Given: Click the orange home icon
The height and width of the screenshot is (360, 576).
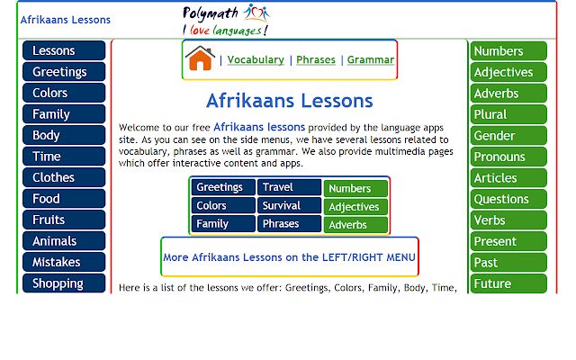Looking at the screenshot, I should (x=200, y=58).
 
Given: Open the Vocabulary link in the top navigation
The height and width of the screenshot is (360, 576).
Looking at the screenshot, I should (x=255, y=60).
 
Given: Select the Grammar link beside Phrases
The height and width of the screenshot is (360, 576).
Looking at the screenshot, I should (x=370, y=60).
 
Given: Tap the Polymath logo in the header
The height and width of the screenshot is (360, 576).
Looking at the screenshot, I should (x=225, y=19).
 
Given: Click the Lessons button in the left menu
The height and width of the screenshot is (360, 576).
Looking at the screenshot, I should (x=64, y=50).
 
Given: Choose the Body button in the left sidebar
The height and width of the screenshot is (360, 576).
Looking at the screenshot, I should (x=64, y=135).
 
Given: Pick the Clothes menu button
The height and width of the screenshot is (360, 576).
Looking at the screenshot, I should (x=64, y=177).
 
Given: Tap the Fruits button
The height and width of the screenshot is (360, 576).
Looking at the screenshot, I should (x=64, y=220).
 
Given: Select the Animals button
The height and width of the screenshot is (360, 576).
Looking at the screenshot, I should (x=64, y=241).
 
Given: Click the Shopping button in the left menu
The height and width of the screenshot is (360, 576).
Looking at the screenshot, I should (x=64, y=283).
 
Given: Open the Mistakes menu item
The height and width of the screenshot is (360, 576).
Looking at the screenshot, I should (x=64, y=262).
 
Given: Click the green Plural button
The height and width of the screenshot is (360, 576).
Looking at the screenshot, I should (x=508, y=114).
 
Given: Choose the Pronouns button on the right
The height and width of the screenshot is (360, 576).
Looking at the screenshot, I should (x=508, y=157).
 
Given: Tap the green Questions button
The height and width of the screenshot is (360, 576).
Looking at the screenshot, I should (x=508, y=199).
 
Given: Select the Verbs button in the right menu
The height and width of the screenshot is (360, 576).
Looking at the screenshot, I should (x=508, y=220).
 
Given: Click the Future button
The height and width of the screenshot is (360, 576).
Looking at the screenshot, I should (x=508, y=283).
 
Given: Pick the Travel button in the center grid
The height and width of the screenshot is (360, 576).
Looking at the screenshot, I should (x=289, y=188).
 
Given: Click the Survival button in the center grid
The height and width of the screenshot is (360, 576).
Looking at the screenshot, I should (x=289, y=206).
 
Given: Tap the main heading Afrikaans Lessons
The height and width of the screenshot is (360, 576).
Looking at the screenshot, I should (x=289, y=100).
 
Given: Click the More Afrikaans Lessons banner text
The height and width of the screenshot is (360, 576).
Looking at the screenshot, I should (x=289, y=257).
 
